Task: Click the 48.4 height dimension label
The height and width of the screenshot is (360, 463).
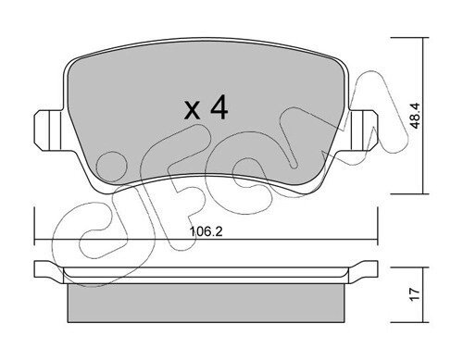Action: tap(416, 116)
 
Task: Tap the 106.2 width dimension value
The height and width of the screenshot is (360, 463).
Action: tap(206, 231)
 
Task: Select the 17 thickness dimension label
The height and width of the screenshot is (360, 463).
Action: tap(416, 294)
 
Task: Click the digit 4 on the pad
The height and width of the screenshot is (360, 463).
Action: tap(219, 106)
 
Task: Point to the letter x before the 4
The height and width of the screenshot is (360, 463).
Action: tap(193, 111)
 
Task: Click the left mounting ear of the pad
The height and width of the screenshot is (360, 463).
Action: tap(49, 130)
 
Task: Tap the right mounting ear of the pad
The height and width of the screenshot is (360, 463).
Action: tap(363, 130)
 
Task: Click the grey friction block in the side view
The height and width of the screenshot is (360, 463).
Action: tap(206, 304)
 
